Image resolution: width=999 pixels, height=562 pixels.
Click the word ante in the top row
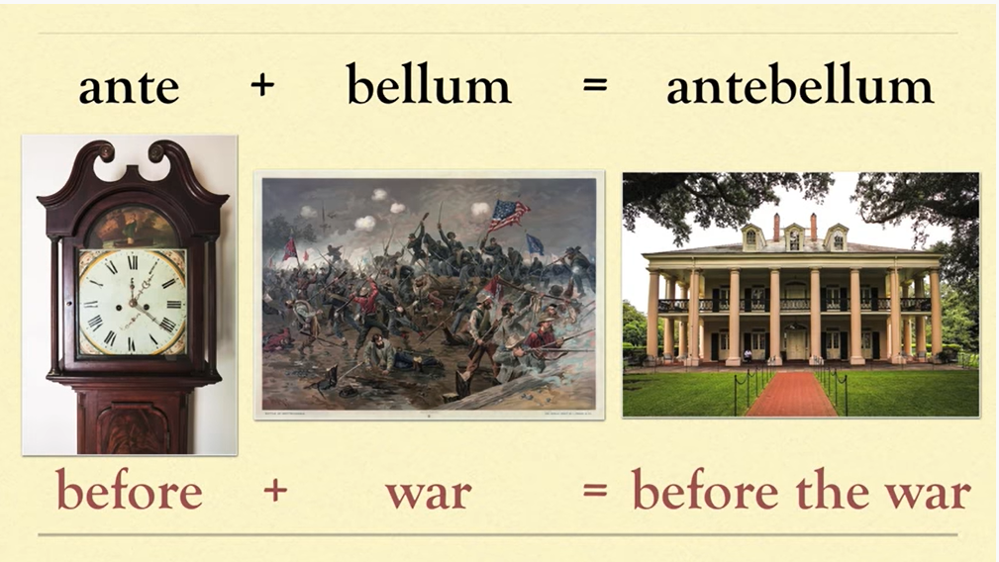tap(129, 87)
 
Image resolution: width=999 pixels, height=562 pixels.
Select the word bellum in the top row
tap(428, 87)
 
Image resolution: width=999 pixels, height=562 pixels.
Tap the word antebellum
tap(799, 87)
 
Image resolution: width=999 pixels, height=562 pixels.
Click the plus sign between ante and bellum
tap(261, 86)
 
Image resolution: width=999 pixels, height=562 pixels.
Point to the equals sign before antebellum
tap(594, 86)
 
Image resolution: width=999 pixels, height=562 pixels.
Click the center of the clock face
tap(132, 301)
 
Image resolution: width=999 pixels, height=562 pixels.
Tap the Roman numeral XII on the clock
tap(133, 262)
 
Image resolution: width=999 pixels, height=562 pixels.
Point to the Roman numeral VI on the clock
tap(131, 339)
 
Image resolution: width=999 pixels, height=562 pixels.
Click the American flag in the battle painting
tap(508, 213)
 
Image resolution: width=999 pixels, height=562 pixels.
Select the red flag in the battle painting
tap(290, 249)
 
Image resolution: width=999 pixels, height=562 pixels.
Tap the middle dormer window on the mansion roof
tap(794, 237)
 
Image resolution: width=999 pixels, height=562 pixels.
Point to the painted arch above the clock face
tap(132, 225)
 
